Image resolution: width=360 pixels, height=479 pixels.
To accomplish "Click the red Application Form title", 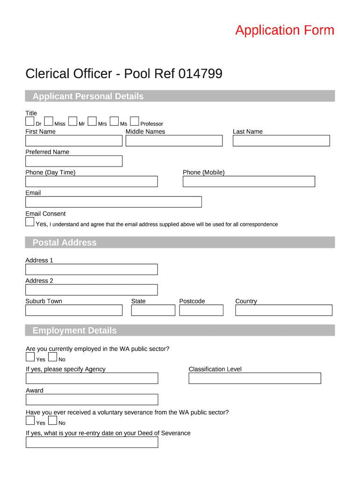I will tap(285, 30).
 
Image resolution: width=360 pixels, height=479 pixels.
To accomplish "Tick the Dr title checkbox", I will tap(30, 122).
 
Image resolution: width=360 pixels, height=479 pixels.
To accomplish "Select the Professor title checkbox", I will tap(134, 122).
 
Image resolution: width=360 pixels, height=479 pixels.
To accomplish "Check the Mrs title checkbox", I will tap(92, 122).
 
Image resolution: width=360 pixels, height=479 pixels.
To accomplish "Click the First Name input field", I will tap(73, 141).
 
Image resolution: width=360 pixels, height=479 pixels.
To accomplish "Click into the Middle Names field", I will tap(174, 141).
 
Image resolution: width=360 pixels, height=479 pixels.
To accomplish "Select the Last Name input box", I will tap(281, 141).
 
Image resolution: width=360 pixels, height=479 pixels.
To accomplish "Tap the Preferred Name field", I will tap(73, 161).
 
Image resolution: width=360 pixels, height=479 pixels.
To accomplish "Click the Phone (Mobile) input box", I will tap(249, 181).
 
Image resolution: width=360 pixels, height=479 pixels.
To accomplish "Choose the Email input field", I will tap(114, 202).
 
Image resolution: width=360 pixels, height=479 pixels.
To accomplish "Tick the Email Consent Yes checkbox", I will tap(30, 222).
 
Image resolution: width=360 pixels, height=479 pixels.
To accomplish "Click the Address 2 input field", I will tap(91, 290).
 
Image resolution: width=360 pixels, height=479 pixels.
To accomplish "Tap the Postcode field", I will tap(201, 310).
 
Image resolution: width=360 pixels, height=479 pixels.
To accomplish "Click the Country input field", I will tap(283, 310).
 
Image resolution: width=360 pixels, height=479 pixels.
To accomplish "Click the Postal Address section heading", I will tap(65, 242).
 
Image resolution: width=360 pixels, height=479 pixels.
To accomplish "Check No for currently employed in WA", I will tap(52, 357).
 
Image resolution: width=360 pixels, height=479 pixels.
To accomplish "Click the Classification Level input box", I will tap(255, 378).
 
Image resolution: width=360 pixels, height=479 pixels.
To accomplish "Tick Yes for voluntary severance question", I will tap(30, 421).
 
